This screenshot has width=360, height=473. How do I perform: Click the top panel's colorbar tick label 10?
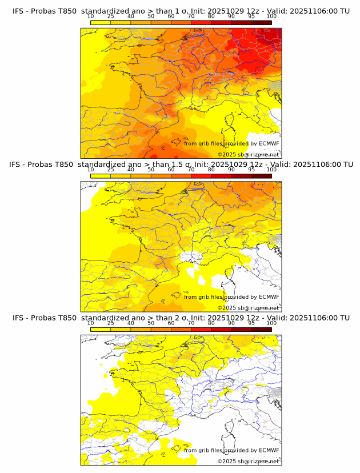90,16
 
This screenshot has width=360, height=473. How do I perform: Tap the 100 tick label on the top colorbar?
271,16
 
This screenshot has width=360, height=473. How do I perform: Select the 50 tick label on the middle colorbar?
151,170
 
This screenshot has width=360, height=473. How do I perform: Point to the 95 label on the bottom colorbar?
251,323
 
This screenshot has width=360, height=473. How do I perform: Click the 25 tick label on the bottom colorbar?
110,323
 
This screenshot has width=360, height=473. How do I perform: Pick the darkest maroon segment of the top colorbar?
261,22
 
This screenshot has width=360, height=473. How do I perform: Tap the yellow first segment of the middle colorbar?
100,176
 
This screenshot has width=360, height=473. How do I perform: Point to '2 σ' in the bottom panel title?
182,318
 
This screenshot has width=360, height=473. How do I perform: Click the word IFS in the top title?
19,10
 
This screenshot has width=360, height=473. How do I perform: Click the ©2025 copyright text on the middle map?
226,308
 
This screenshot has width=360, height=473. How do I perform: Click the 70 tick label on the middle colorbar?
191,170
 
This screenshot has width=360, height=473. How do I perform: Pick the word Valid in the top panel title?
282,10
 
